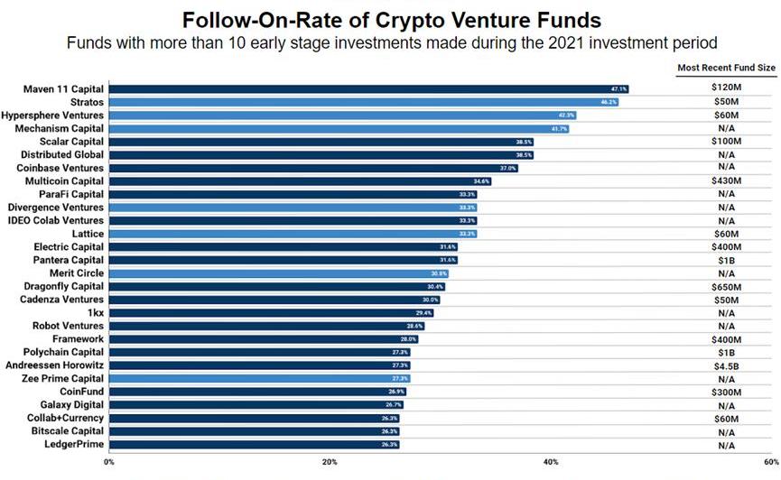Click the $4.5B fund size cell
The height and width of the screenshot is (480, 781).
tap(727, 365)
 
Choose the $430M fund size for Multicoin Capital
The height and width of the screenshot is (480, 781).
tap(727, 181)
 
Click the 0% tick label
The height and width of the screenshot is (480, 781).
tap(109, 463)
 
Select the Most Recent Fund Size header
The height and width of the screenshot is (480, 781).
tap(726, 69)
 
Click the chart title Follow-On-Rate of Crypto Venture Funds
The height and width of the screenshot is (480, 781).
tap(389, 19)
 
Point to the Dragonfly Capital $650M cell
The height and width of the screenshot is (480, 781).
tap(727, 286)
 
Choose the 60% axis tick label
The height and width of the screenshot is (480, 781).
tap(769, 463)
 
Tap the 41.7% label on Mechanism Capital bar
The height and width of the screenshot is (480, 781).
tap(560, 129)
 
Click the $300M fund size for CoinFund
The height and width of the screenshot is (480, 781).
tap(727, 392)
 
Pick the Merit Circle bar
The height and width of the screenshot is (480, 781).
tap(279, 273)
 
